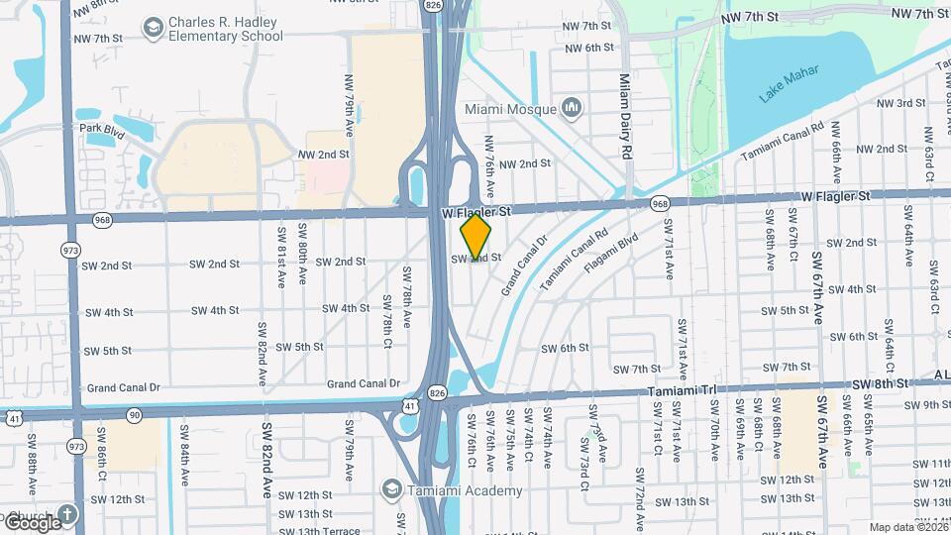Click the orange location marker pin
click(x=475, y=237)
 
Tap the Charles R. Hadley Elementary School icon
click(x=154, y=28)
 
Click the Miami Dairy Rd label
click(x=625, y=117)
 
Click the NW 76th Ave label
click(x=489, y=162)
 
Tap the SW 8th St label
click(x=880, y=383)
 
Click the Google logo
click(x=33, y=522)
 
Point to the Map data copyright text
click(x=906, y=527)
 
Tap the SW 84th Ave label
click(x=184, y=446)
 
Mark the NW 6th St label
click(x=589, y=48)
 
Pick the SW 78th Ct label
click(x=387, y=317)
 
